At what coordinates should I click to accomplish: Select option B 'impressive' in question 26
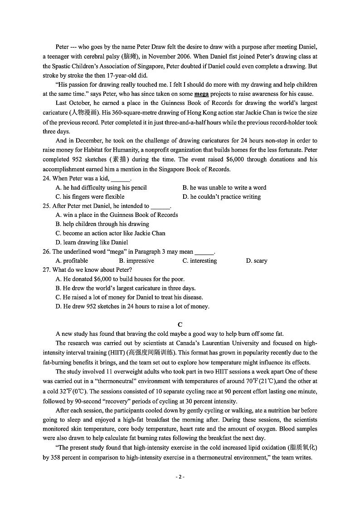click(x=136, y=261)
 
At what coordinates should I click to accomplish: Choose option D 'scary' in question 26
click(x=257, y=261)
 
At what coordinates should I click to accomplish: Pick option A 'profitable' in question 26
click(x=72, y=261)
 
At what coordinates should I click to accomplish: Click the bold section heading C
click(x=180, y=324)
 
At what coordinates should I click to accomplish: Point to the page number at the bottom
click(x=180, y=477)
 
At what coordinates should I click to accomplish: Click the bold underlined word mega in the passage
click(x=201, y=94)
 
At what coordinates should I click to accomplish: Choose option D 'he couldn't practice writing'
click(x=222, y=197)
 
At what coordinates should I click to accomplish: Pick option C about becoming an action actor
click(x=110, y=233)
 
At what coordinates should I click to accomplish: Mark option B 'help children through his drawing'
click(x=102, y=224)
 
